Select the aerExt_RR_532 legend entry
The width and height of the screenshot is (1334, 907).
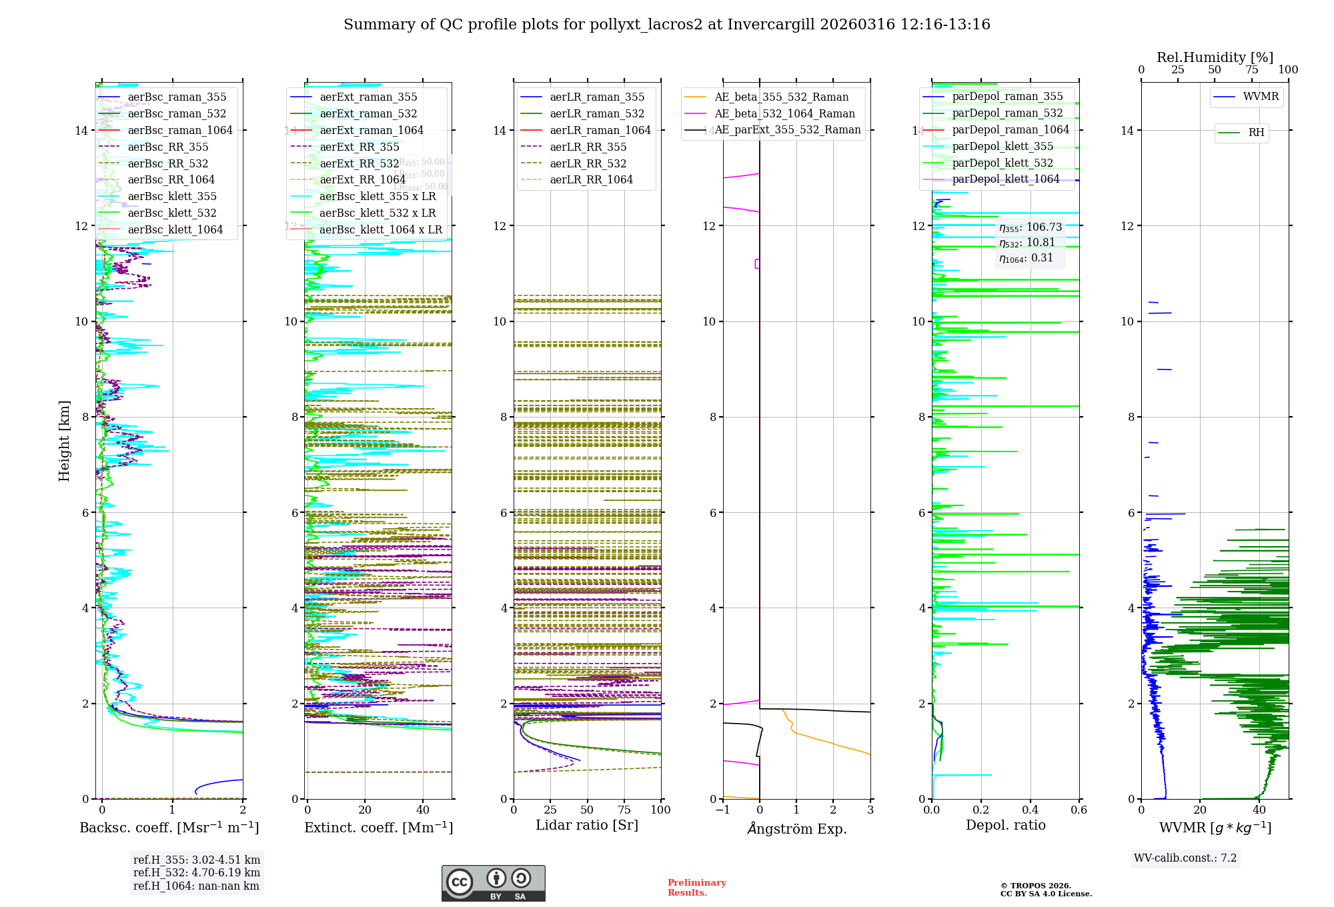point(359,163)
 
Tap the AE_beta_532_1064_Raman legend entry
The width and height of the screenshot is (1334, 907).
point(784,113)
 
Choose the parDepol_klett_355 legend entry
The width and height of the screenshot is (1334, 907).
point(1003,146)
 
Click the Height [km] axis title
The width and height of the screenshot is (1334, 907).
point(64,441)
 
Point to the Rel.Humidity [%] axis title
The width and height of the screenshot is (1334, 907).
point(1215,57)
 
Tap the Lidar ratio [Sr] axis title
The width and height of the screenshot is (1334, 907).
point(587,825)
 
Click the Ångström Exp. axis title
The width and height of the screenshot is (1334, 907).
point(797,828)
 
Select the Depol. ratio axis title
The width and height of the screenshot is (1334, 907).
point(1005,825)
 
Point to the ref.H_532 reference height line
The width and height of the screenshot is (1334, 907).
point(197,872)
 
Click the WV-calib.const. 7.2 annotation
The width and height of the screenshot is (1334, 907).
point(1185,858)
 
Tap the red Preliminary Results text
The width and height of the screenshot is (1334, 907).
point(696,887)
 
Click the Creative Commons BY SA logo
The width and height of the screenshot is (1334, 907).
point(493,883)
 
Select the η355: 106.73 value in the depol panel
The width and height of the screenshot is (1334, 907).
point(1030,227)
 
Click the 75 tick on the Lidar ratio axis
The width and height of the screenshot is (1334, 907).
point(624,810)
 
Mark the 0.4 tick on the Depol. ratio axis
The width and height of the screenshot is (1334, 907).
point(1030,810)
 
